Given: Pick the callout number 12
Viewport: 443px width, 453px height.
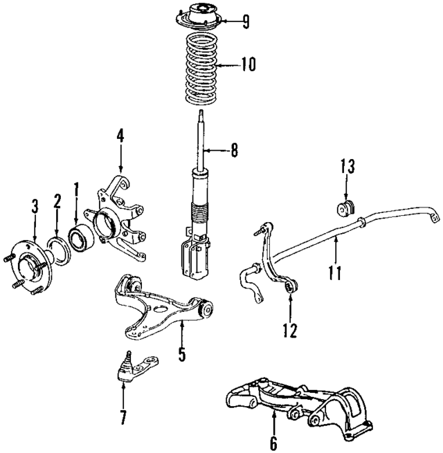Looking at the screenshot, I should (289, 331).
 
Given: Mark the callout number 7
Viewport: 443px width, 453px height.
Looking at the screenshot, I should (123, 416).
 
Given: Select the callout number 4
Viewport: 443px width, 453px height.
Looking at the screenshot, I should (120, 136).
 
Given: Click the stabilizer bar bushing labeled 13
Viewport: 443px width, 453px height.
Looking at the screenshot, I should (346, 207).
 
